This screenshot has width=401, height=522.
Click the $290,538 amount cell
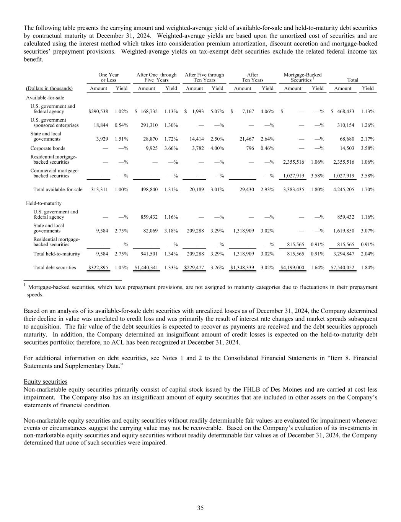coord(98,112)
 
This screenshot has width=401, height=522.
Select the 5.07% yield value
coord(217,112)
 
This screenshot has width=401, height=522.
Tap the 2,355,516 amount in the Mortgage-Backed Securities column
coord(293,162)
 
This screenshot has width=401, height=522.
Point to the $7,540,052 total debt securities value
coord(342,268)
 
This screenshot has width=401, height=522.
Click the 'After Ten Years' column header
coord(253,78)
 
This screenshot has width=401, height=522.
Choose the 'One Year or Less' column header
coord(109,78)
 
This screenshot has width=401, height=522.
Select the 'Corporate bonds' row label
coord(48,148)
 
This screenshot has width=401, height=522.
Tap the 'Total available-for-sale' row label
coord(58,190)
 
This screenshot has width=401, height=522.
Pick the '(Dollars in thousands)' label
coord(48,89)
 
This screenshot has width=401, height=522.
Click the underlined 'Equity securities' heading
coord(46,382)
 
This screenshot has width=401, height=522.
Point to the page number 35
coord(200,508)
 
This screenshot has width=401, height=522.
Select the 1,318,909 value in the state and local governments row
coord(243,231)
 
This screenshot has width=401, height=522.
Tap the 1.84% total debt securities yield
coord(368,268)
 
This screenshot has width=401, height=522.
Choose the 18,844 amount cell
coord(101,125)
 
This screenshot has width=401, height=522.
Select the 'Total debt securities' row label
coord(55,268)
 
